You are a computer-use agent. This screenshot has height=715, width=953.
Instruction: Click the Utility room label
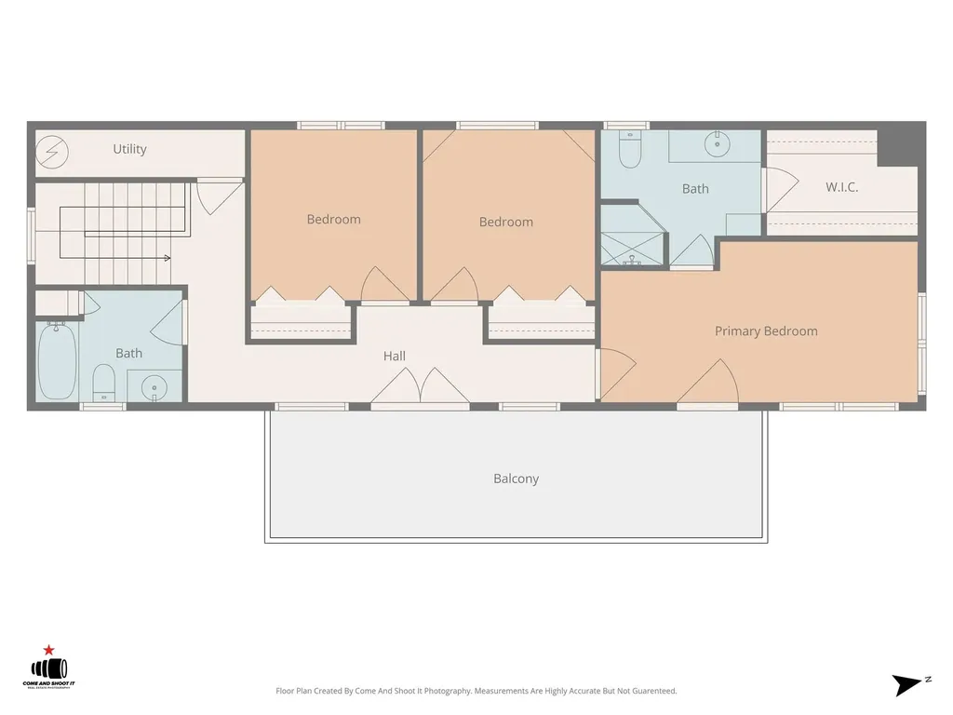pos(129,149)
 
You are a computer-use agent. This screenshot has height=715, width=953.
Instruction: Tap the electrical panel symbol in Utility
pos(52,152)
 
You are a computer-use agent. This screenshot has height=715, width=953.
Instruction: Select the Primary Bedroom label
pos(766,331)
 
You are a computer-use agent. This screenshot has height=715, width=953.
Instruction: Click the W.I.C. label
pos(841,187)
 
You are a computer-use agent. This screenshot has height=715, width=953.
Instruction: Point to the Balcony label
pos(516,479)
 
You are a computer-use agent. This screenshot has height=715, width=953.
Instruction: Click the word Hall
pos(395,356)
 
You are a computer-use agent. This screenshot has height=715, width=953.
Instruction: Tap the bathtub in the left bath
pos(57,360)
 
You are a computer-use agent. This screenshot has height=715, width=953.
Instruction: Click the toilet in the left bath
pos(104,383)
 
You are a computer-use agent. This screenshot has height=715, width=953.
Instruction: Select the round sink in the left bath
pos(154,387)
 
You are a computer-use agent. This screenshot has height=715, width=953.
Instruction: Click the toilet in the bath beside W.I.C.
pos(630,149)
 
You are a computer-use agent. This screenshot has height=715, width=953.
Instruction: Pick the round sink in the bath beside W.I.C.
pos(718,144)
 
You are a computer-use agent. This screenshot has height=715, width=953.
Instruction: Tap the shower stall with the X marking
pos(632,248)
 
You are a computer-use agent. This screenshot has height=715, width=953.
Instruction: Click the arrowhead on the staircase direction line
pos(168,258)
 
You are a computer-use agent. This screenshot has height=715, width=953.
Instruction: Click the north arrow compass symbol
pos(908,684)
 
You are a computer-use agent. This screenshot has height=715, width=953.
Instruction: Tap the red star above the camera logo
pos(48,651)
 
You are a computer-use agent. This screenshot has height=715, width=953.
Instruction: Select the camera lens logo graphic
pos(49,668)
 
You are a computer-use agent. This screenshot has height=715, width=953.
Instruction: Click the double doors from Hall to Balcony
pos(420,385)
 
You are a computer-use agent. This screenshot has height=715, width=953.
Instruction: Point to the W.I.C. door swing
pos(782,190)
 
